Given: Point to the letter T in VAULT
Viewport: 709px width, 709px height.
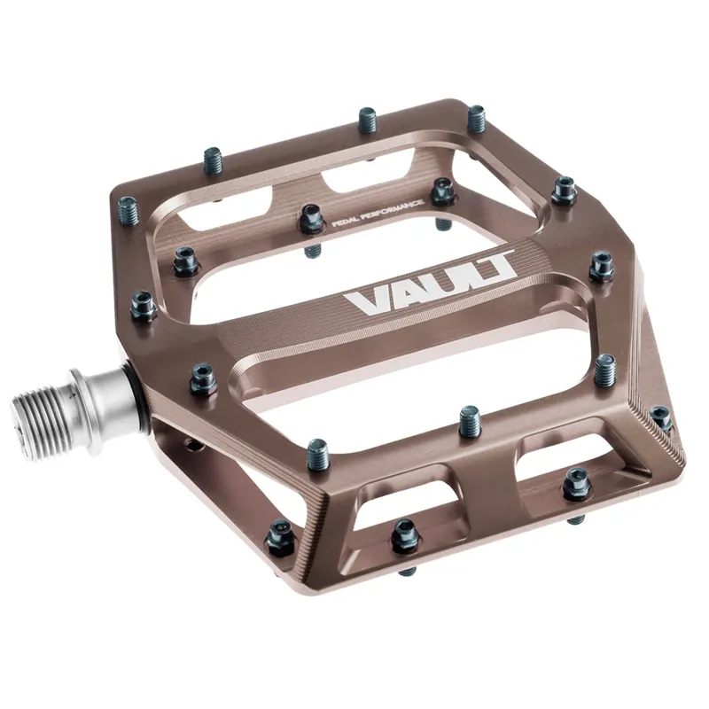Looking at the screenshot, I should [497, 268].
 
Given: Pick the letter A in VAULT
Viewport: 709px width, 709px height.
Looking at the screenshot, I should [398, 295].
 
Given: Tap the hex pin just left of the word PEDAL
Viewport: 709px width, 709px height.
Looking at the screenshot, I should [310, 216].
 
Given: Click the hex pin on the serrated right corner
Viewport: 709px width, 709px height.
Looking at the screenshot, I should [660, 417].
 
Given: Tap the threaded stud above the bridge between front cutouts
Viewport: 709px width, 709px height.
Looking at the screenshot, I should [470, 417].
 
